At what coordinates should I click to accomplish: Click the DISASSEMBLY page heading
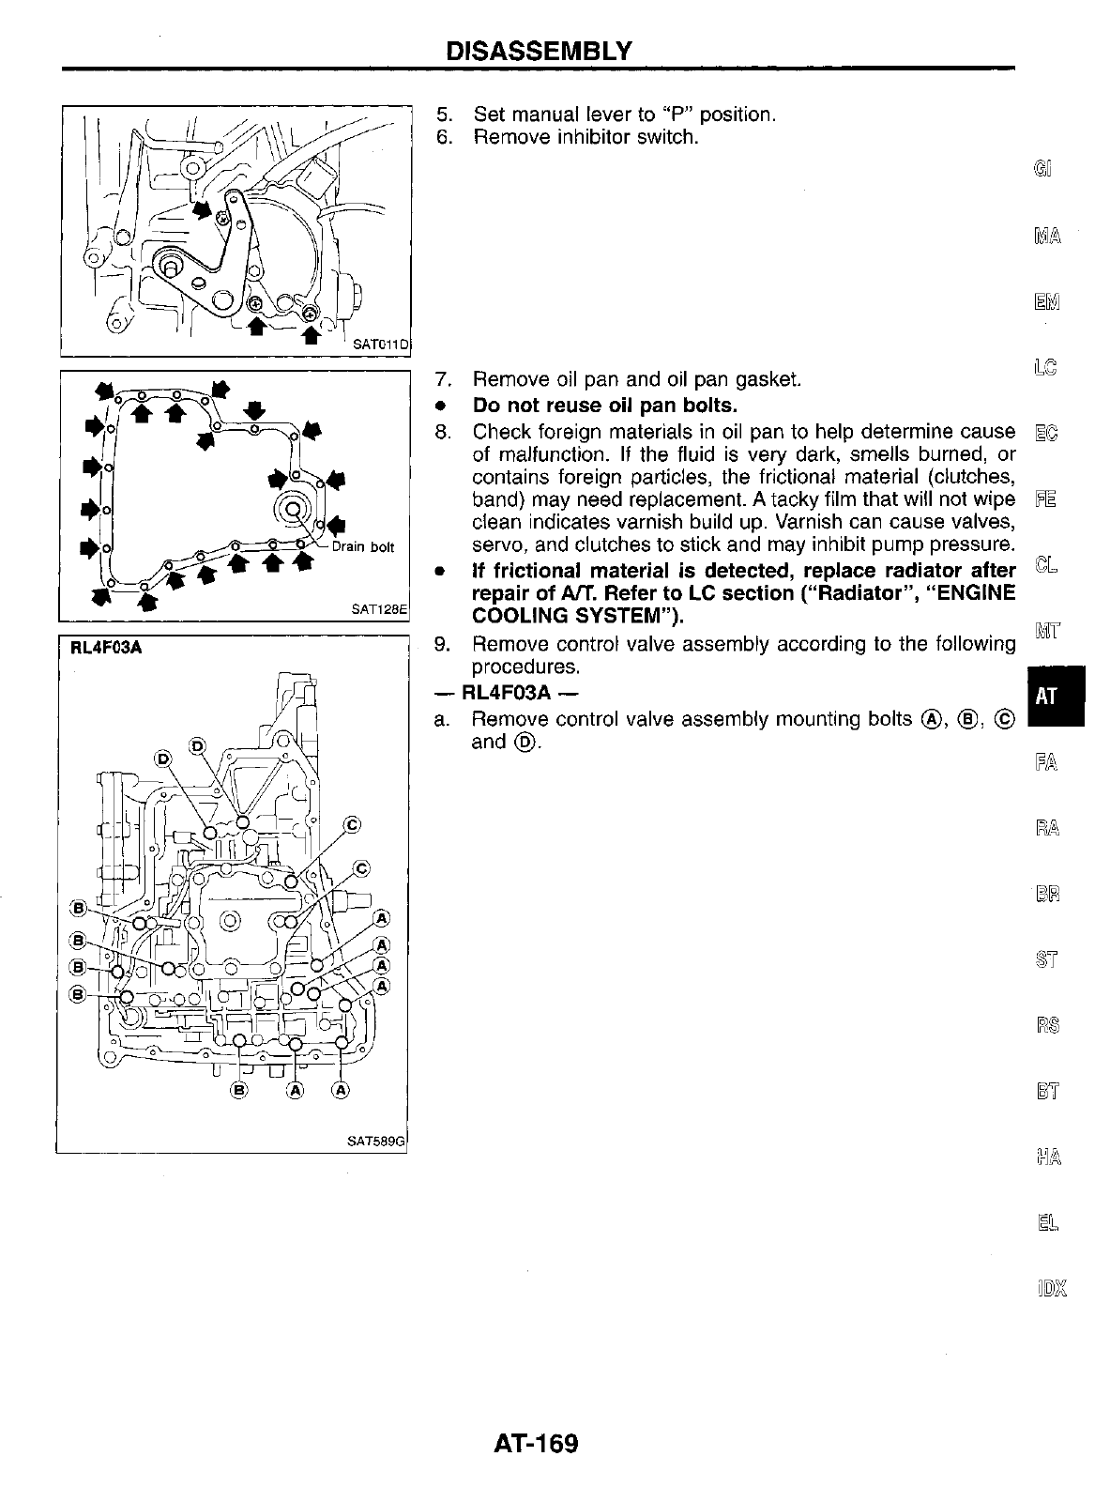pos(539,49)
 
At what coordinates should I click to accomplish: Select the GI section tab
pos(1043,170)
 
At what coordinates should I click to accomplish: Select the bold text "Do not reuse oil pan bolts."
pos(605,406)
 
